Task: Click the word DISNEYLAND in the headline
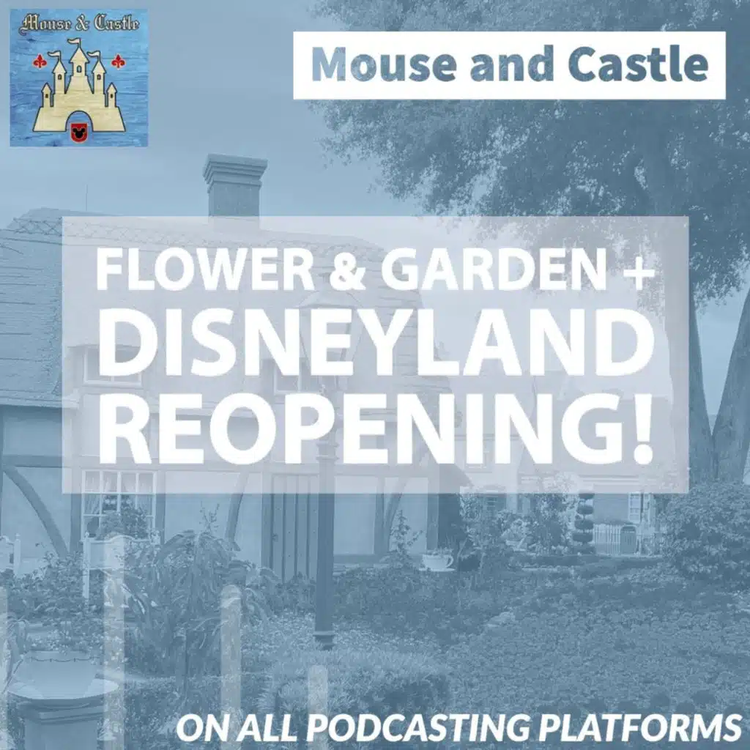coord(376,341)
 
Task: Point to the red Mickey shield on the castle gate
coord(76,132)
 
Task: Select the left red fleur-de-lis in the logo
coord(40,62)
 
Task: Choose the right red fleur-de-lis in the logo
coord(118,62)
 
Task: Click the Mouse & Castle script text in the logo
coord(79,24)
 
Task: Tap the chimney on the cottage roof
coord(234,187)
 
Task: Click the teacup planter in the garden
coord(437,560)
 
